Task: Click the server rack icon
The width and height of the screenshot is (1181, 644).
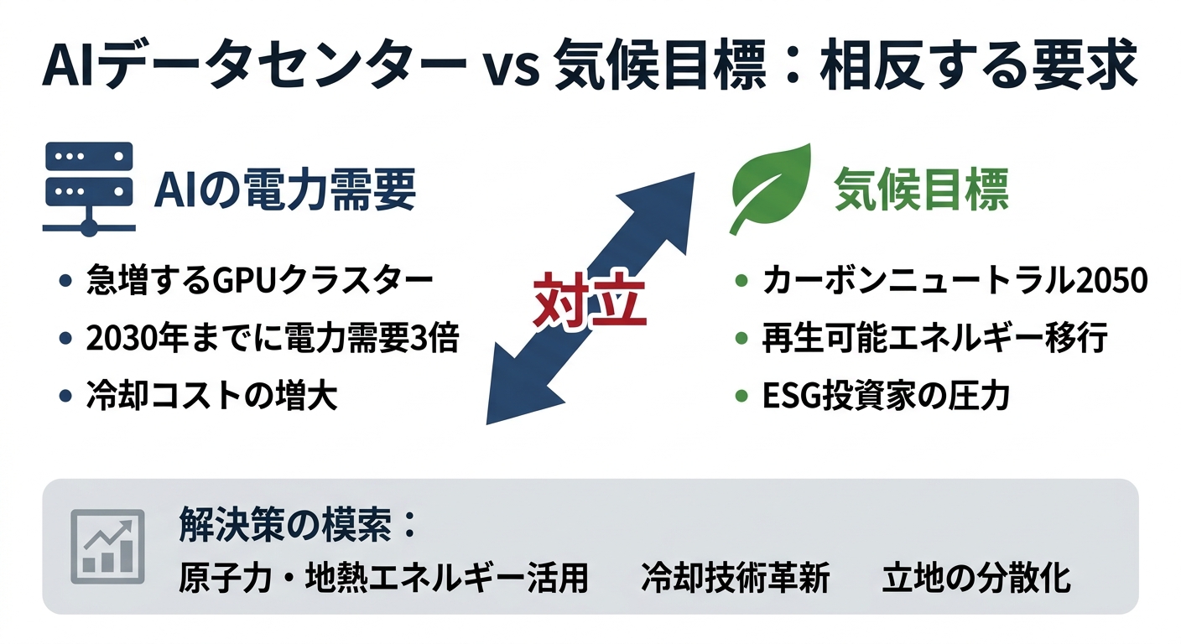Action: tap(87, 186)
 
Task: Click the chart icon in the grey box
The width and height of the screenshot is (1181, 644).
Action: tap(107, 546)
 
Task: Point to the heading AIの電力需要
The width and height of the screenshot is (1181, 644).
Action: tap(285, 191)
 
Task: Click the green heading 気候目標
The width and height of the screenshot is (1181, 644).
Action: tap(921, 191)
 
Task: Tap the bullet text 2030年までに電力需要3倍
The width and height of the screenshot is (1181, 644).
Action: tap(273, 339)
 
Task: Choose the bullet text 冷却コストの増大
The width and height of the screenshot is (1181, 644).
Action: tap(211, 396)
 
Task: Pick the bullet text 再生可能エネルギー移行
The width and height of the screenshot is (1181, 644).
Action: tap(934, 339)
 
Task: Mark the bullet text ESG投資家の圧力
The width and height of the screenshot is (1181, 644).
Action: tap(885, 396)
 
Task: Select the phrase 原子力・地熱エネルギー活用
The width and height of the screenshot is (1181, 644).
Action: tap(383, 579)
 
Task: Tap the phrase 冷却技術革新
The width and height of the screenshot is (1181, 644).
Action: tap(735, 579)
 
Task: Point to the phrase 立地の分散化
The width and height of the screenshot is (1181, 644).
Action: tap(976, 579)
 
